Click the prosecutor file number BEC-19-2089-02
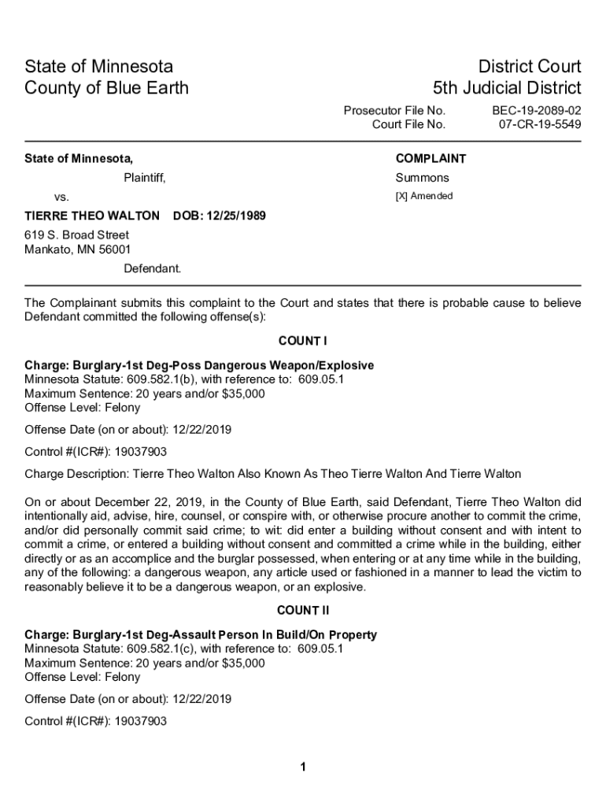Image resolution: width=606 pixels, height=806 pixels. tap(537, 110)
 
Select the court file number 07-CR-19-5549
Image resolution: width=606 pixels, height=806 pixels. tap(540, 124)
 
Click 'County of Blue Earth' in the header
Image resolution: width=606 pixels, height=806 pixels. tap(106, 87)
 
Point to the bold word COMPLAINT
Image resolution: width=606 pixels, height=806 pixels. tap(430, 158)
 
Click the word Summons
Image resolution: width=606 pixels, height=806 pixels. tap(422, 178)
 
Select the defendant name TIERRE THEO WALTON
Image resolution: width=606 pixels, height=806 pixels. tap(92, 216)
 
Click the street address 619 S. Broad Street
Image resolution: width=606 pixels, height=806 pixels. tap(76, 235)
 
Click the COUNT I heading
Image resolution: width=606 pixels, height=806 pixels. tap(302, 341)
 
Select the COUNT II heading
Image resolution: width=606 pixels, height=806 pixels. tap(302, 610)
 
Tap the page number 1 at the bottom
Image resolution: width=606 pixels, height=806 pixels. tap(303, 767)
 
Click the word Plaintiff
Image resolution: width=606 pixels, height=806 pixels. tap(144, 178)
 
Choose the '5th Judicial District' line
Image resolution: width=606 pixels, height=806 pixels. tap(507, 87)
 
